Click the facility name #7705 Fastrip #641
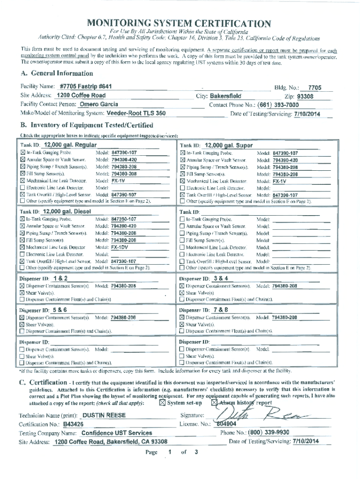tap(86, 87)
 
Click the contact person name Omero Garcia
tap(98, 104)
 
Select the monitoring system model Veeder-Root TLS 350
tap(136, 113)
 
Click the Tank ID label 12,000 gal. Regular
tap(70, 145)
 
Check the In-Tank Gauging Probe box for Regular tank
tap(22, 153)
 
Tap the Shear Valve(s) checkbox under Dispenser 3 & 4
tap(182, 292)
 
